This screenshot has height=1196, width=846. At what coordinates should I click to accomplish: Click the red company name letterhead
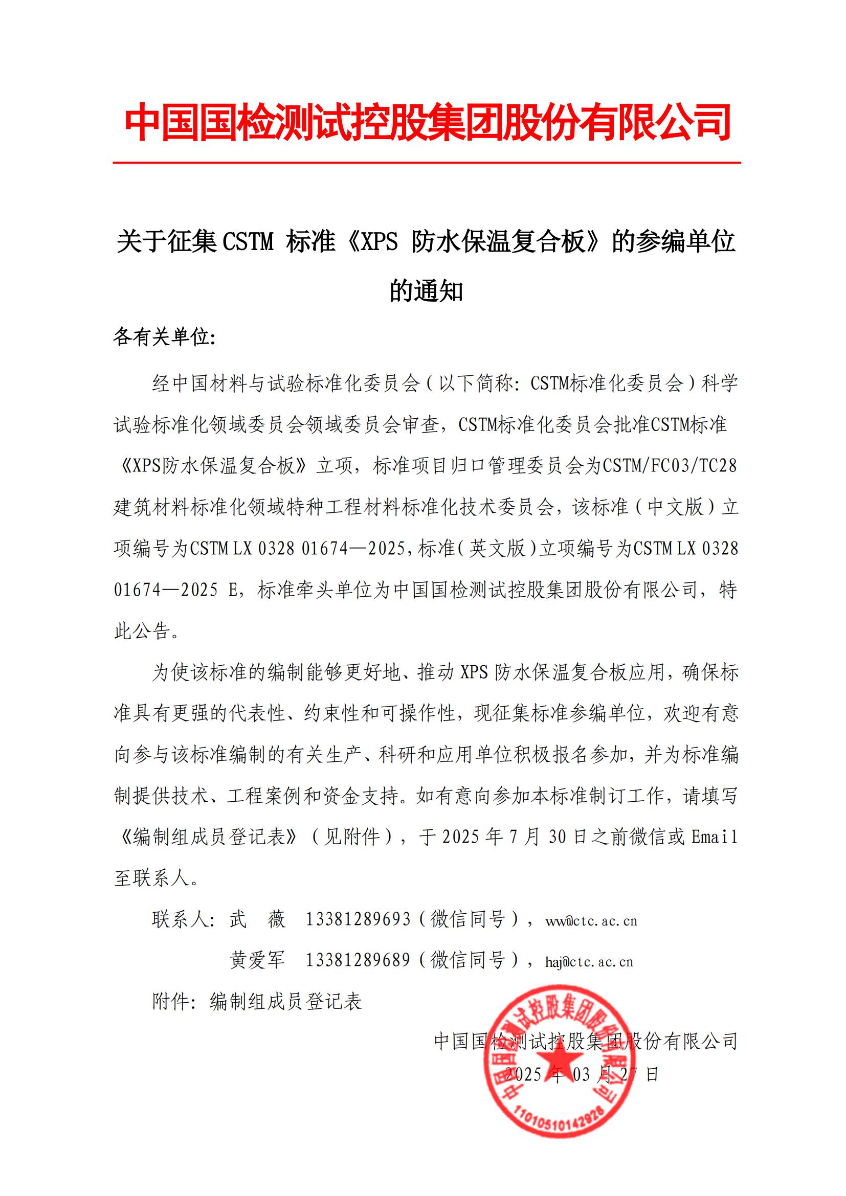pyautogui.click(x=427, y=123)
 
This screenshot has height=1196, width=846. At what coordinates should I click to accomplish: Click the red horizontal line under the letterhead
pyautogui.click(x=427, y=163)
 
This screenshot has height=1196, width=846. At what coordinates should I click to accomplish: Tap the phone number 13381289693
pyautogui.click(x=358, y=919)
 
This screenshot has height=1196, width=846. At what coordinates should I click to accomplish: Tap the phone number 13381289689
pyautogui.click(x=358, y=960)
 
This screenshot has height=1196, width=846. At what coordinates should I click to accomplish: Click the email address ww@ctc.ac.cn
pyautogui.click(x=591, y=921)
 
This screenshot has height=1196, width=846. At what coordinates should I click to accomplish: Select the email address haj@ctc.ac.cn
pyautogui.click(x=589, y=962)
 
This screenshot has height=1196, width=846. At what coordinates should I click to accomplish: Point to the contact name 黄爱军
pyautogui.click(x=257, y=960)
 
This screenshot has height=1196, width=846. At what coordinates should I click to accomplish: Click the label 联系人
pyautogui.click(x=180, y=919)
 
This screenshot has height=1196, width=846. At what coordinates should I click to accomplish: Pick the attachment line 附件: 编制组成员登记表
pyautogui.click(x=257, y=1001)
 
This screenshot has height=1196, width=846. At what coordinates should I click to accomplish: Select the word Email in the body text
pyautogui.click(x=714, y=837)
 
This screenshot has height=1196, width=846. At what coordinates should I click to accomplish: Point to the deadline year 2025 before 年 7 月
pyautogui.click(x=460, y=837)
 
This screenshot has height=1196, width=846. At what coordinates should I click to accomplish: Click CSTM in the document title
pyautogui.click(x=248, y=242)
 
